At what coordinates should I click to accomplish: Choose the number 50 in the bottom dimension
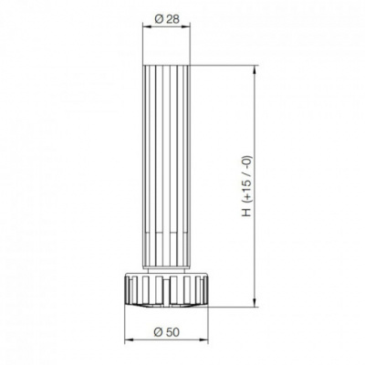click(172, 329)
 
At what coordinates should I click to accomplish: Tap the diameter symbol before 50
click(158, 329)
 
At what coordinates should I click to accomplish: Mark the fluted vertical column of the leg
click(167, 164)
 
